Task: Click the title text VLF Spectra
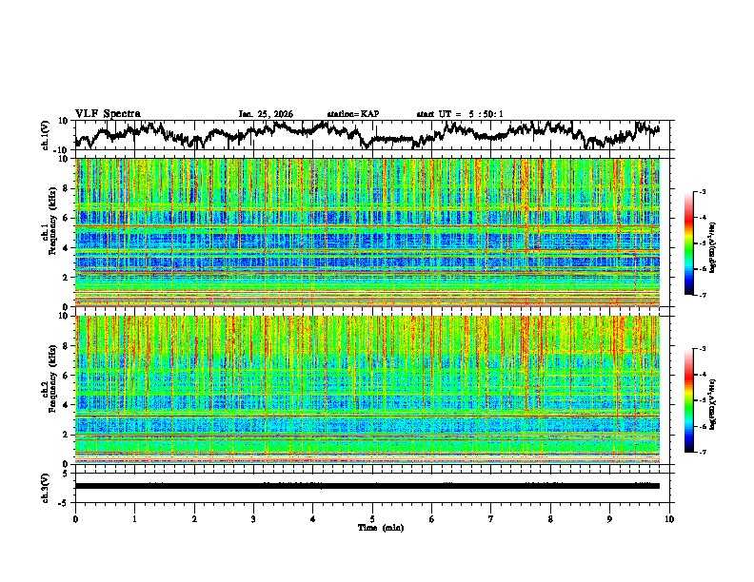click(x=108, y=114)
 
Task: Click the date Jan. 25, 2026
click(x=266, y=114)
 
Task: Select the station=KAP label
click(x=352, y=114)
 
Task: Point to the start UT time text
click(x=460, y=114)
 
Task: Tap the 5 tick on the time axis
click(x=372, y=518)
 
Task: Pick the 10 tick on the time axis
click(x=669, y=518)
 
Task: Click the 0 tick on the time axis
click(x=75, y=518)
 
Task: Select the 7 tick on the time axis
click(x=491, y=518)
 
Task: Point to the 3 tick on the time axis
click(x=253, y=518)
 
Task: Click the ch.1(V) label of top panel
click(x=45, y=135)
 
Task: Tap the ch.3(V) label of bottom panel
click(x=45, y=485)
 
